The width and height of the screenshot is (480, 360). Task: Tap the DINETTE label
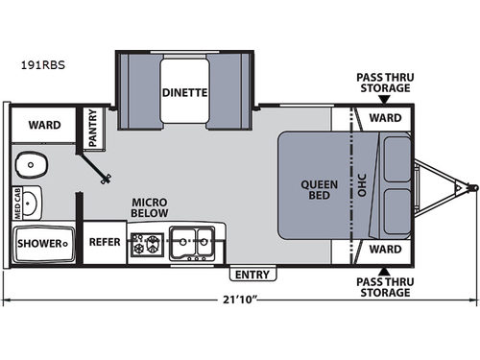click(x=184, y=94)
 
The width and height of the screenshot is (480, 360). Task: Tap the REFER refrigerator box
click(x=105, y=242)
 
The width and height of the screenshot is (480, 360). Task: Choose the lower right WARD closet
click(x=384, y=249)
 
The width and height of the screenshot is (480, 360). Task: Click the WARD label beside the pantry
click(x=44, y=124)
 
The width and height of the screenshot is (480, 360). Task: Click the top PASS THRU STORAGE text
click(x=383, y=82)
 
